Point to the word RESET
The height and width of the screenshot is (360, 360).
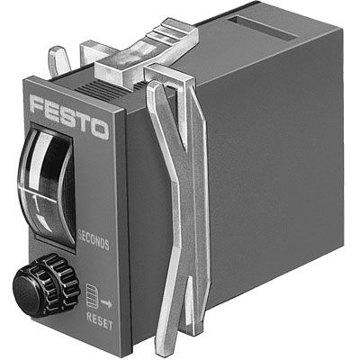98,317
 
